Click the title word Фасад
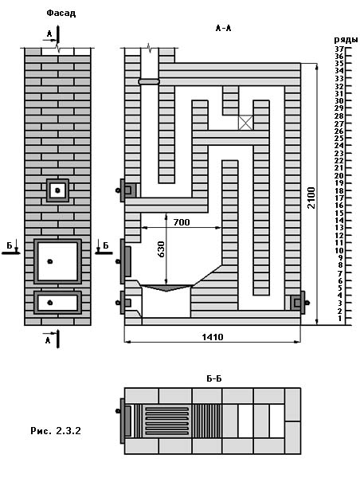pos(61,13)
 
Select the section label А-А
pos(224,29)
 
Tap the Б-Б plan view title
pos(214,378)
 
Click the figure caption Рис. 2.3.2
pos(56,431)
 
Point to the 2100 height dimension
pos(311,198)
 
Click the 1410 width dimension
pos(213,337)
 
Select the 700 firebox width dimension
pos(182,222)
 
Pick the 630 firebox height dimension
pos(161,249)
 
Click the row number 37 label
pos(339,49)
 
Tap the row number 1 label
pos(341,319)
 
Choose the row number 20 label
pos(339,175)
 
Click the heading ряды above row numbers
pos(346,40)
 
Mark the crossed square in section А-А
pos(245,123)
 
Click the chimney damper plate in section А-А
pos(149,82)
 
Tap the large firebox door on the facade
pos(57,261)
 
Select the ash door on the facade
pos(57,303)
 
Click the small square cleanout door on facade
pos(57,190)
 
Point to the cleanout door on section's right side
pos(298,303)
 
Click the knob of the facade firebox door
pos(50,261)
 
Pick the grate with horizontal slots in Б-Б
pos(166,421)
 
